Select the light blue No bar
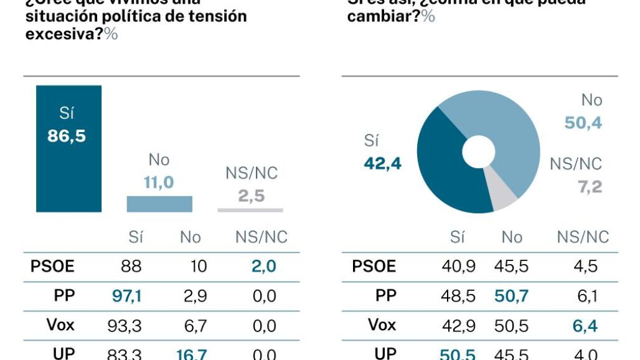click(x=159, y=204)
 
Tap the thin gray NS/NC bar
click(x=250, y=211)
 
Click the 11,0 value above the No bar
click(x=159, y=183)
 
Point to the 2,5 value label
click(x=251, y=196)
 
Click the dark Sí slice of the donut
click(x=445, y=174)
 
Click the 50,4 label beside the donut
click(x=583, y=123)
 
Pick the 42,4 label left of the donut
click(x=382, y=164)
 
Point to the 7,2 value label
click(x=590, y=187)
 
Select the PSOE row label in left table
click(x=52, y=267)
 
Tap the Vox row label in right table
click(x=382, y=325)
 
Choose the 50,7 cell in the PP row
click(x=511, y=296)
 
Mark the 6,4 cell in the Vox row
click(x=584, y=325)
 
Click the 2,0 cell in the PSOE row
click(x=264, y=267)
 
